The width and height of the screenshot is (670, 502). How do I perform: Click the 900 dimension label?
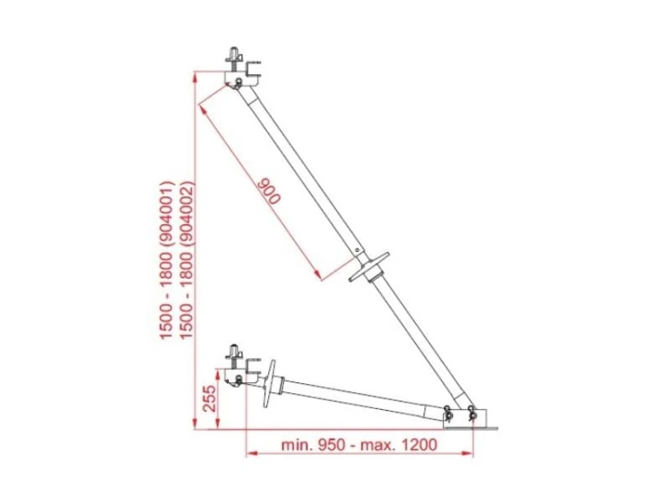269,191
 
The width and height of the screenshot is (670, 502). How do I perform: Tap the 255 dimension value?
209,398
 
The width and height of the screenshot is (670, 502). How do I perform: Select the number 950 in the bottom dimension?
331,445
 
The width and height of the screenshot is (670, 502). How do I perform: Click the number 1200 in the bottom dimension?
419,445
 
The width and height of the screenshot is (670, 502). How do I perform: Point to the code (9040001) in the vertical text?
168,219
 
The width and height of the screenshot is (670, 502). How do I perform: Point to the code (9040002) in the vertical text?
188,219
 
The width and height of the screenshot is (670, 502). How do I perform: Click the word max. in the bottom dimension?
378,445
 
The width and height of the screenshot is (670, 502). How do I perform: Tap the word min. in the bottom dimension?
297,445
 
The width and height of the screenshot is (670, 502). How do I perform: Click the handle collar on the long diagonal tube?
369,267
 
